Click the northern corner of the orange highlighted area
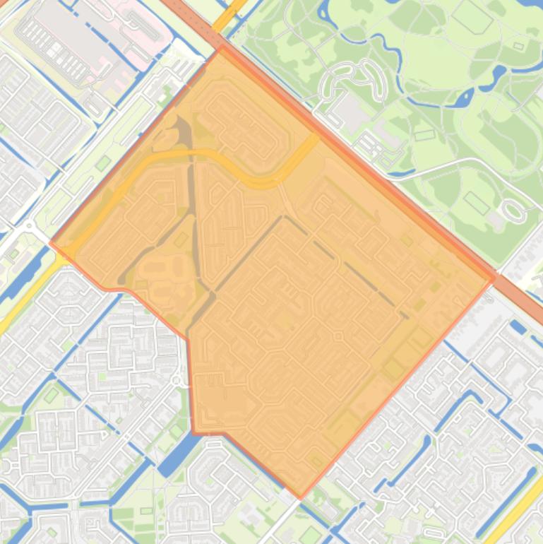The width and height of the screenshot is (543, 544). click(222, 48)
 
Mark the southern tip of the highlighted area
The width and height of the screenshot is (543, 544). click(301, 497)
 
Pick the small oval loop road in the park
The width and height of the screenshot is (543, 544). click(513, 210)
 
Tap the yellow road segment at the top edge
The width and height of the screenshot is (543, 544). click(230, 14)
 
